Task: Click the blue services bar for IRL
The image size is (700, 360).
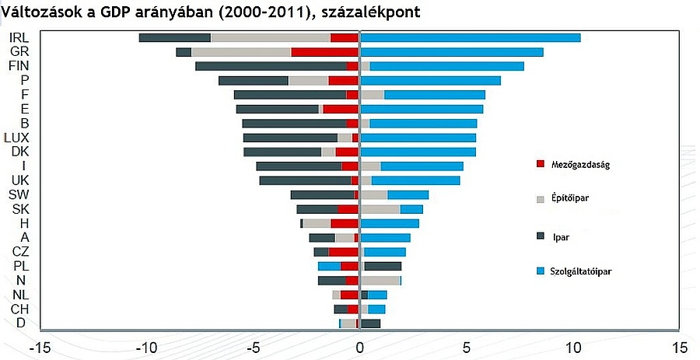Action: tap(471, 37)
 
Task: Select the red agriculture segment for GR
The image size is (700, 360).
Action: tap(325, 52)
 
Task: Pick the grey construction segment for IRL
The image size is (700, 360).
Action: tap(271, 37)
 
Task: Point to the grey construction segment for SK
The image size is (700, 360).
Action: tap(380, 209)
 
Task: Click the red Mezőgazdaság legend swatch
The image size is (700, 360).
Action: tap(541, 163)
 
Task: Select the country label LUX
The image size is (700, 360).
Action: tap(17, 138)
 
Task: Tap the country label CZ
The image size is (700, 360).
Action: tap(21, 252)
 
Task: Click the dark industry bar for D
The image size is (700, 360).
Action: tap(371, 323)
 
